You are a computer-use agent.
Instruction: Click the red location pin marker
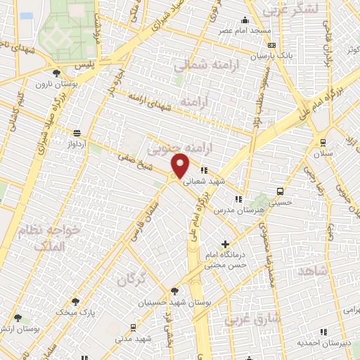(181, 165)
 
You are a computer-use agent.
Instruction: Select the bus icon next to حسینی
(281, 191)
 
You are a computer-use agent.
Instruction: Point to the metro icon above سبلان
(323, 141)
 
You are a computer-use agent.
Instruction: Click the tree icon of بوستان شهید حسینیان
(174, 290)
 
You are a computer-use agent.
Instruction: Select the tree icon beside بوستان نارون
(56, 73)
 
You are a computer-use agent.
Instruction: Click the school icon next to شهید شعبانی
(203, 170)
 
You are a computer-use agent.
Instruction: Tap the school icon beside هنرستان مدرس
(238, 199)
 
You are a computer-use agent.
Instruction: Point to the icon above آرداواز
(77, 132)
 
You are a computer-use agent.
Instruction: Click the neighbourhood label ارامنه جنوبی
(168, 147)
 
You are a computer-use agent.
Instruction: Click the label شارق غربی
(253, 320)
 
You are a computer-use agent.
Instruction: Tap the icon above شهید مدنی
(133, 328)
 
